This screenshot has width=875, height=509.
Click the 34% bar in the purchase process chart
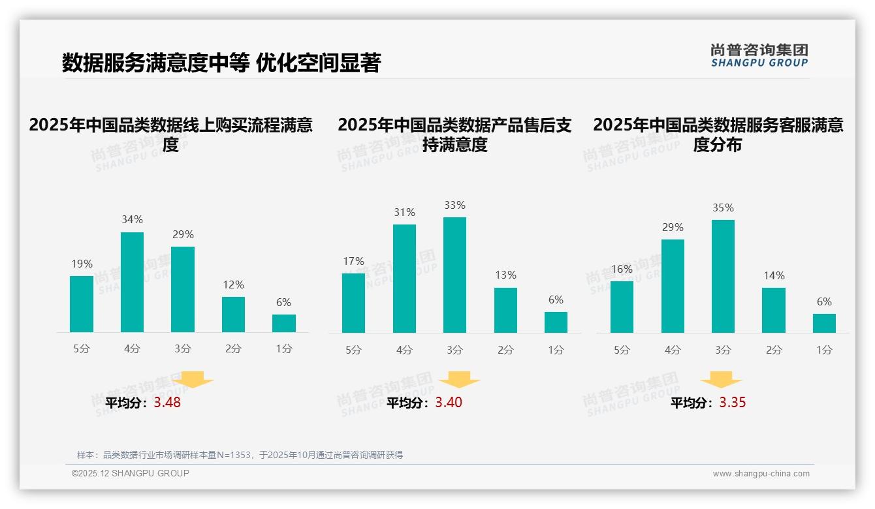point(132,282)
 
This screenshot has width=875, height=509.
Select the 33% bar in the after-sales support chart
point(454,275)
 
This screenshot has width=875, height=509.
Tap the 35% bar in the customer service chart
point(723,276)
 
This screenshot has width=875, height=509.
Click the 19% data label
point(82,264)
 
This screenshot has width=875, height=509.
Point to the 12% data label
point(233,285)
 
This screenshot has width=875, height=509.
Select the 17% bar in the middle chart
point(353,303)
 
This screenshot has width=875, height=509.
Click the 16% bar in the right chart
point(622,307)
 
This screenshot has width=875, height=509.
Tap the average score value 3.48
point(167,403)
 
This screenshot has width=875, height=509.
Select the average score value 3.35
point(733,403)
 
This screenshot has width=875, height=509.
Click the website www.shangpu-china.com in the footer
point(761,474)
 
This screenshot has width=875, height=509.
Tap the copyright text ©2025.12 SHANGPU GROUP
point(131,473)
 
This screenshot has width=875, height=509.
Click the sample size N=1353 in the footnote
point(233,455)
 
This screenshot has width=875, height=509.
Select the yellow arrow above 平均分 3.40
point(459,379)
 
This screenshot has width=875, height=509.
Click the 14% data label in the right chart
point(774,276)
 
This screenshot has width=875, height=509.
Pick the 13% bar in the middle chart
point(505,310)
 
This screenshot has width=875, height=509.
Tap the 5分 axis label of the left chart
point(82,349)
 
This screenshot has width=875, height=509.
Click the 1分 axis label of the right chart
point(824,350)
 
